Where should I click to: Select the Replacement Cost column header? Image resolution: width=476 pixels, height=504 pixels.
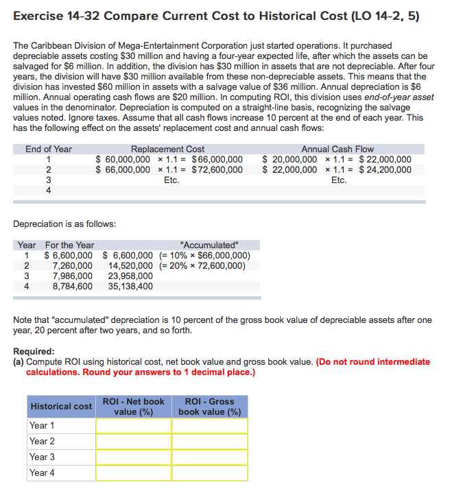[167, 149]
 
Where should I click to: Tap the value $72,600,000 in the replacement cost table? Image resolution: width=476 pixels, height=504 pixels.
[217, 170]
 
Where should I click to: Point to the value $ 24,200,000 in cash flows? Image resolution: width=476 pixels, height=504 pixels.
[385, 170]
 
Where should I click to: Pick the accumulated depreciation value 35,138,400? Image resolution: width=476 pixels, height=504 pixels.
[130, 287]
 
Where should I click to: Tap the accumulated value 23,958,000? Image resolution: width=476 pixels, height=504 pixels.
[130, 276]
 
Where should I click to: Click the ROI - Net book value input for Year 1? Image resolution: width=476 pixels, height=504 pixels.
[133, 426]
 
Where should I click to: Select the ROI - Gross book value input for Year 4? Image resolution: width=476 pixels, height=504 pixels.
[209, 472]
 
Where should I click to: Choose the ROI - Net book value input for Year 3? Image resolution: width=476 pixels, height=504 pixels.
[133, 457]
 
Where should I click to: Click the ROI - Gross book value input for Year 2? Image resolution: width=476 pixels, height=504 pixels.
[209, 442]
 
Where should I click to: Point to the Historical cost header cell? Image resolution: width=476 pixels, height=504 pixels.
[61, 407]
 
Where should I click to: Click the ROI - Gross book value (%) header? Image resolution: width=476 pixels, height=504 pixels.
[209, 407]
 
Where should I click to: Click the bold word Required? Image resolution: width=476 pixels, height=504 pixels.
[34, 351]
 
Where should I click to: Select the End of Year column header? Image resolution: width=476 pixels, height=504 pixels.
[49, 149]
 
